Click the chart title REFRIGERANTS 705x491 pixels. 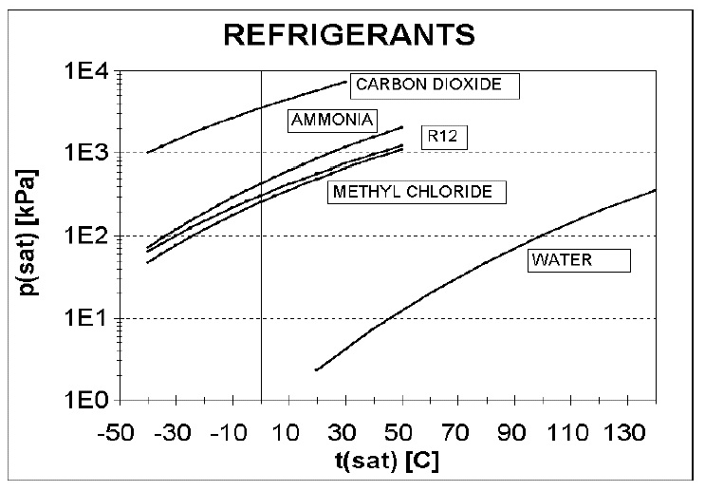pos(347,35)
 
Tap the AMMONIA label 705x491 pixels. pos(332,120)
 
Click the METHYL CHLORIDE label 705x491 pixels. pos(417,192)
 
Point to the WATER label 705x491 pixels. pos(578,260)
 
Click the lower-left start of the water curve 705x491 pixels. pos(317,370)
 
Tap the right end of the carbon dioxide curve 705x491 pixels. pos(346,82)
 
